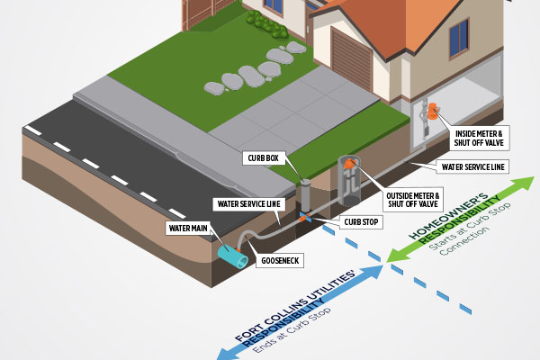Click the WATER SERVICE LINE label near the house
[x=472, y=166]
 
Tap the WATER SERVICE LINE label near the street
[x=249, y=204]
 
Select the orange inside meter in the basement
[x=432, y=112]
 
